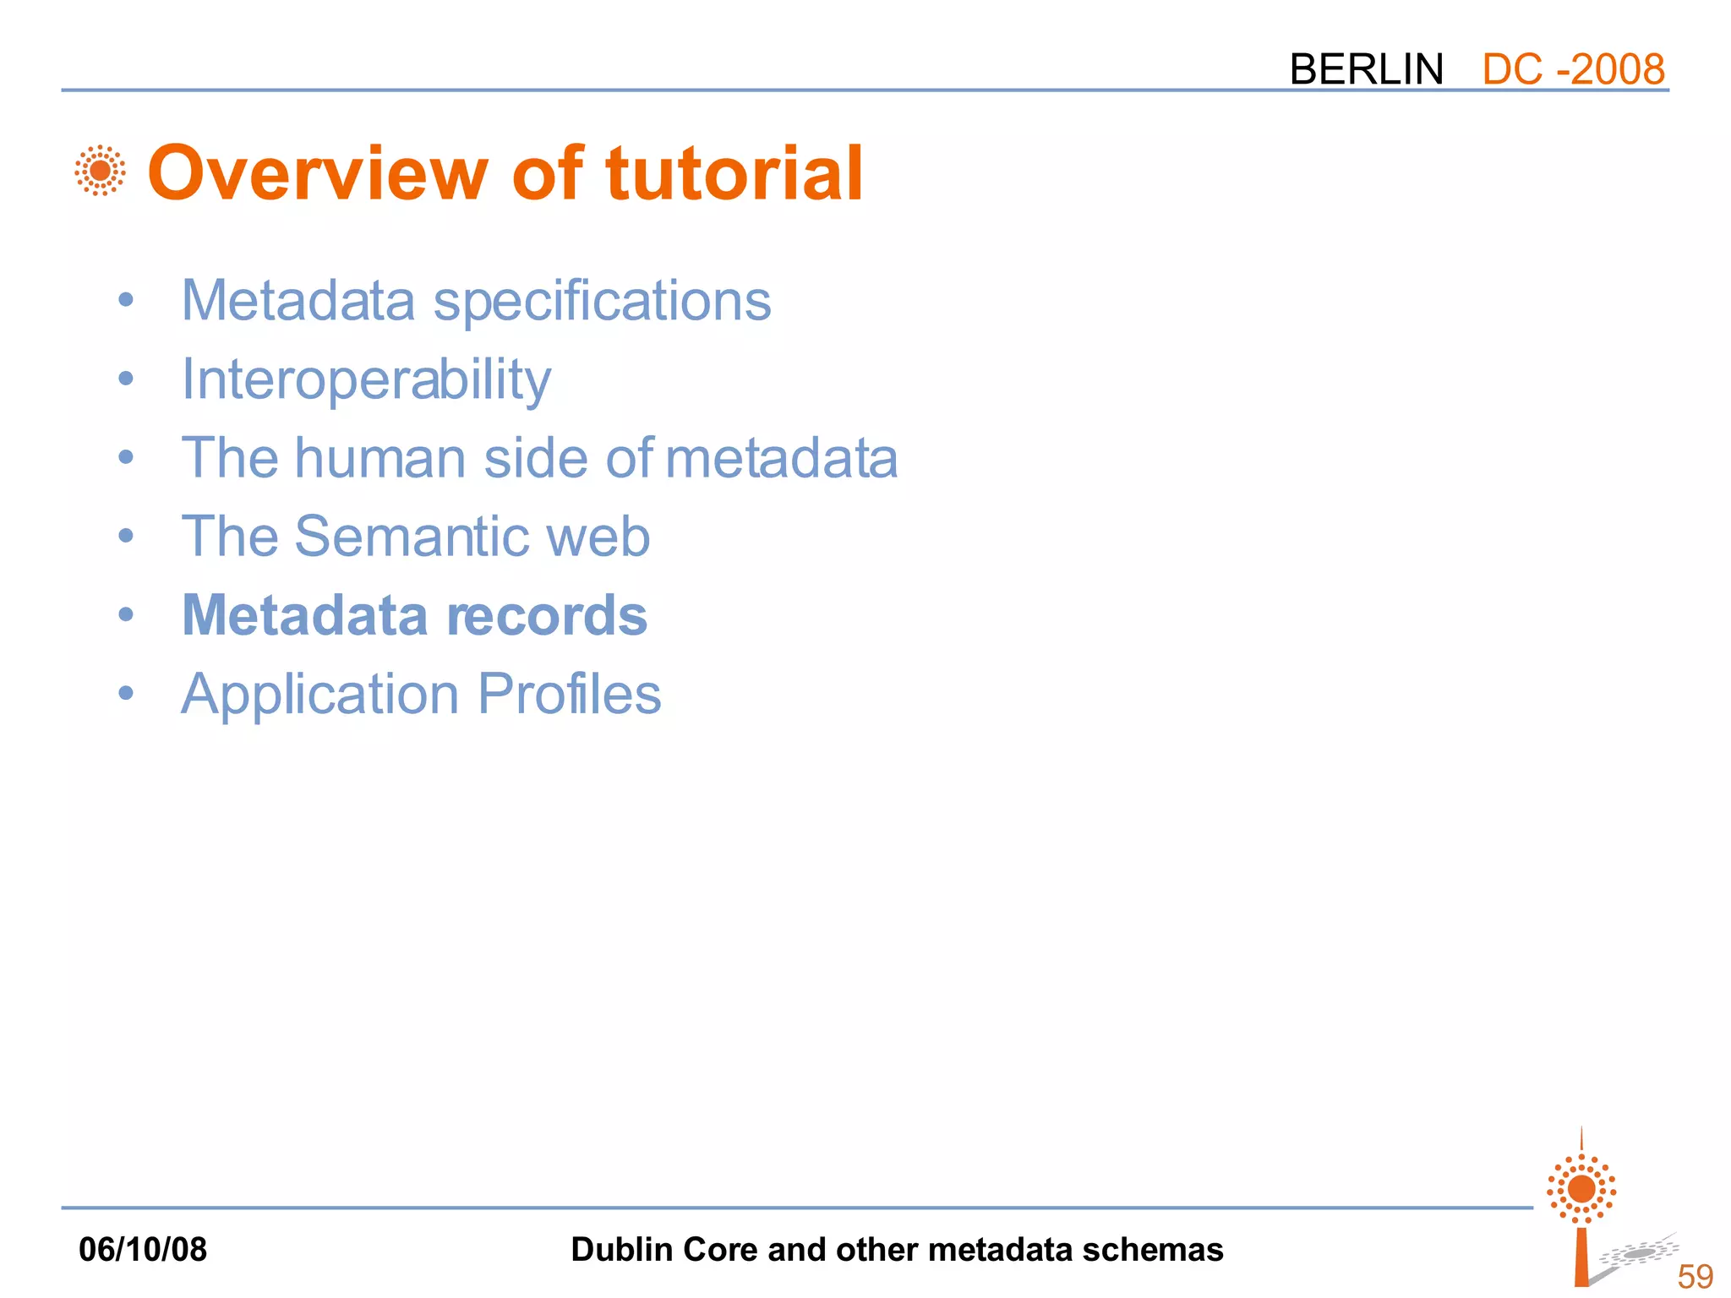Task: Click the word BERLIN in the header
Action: click(1366, 69)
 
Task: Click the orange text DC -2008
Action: click(1573, 69)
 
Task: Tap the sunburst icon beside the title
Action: click(100, 171)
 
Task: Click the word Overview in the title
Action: click(318, 173)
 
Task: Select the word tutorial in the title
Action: click(734, 173)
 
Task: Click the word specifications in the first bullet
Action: click(602, 302)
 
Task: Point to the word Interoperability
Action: click(366, 380)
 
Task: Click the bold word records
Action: click(547, 615)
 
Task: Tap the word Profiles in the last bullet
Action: click(569, 694)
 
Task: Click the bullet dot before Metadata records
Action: click(126, 614)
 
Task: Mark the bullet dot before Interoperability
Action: click(126, 379)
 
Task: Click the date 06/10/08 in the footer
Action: click(142, 1249)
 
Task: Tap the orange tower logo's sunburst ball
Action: click(1581, 1189)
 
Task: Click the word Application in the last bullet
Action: click(320, 695)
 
